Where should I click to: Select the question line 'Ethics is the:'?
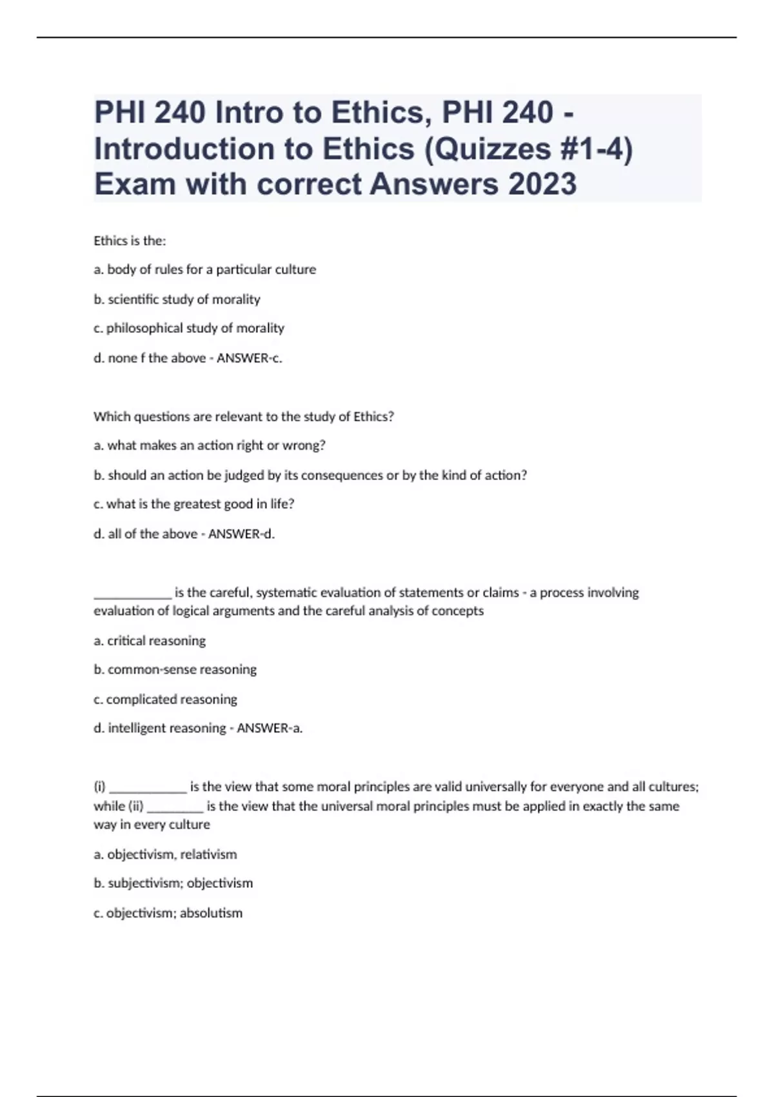click(130, 241)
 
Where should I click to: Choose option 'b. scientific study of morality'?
click(177, 299)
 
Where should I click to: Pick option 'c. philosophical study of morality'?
click(188, 328)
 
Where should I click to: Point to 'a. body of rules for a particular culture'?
click(204, 270)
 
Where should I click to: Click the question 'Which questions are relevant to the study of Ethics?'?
click(243, 417)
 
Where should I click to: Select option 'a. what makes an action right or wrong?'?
click(209, 446)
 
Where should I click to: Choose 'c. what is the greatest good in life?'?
click(193, 505)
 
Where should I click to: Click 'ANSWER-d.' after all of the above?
click(241, 534)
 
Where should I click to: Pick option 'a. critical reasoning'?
click(150, 641)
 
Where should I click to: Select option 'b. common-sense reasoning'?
click(175, 670)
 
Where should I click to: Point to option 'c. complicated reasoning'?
click(165, 699)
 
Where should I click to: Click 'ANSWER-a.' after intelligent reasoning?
click(270, 729)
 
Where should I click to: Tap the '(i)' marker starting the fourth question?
click(99, 787)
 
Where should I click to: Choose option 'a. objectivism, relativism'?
click(165, 854)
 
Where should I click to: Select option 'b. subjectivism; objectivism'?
click(173, 883)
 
